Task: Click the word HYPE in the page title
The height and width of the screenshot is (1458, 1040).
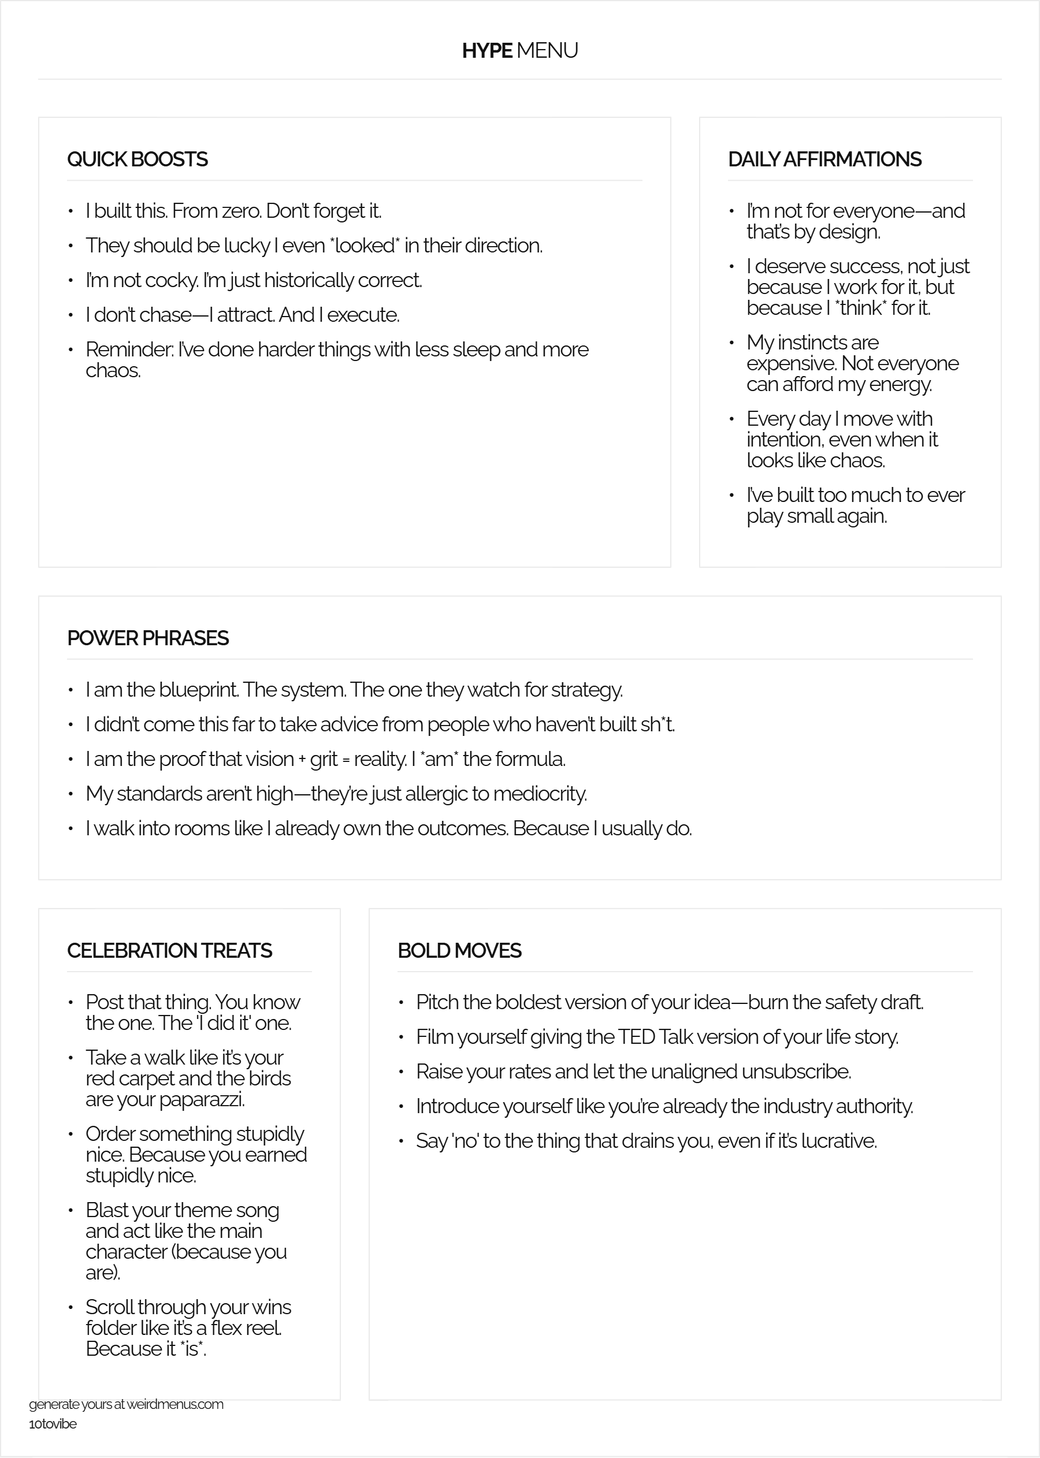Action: pos(487,51)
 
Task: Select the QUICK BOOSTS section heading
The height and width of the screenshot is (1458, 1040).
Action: pos(137,159)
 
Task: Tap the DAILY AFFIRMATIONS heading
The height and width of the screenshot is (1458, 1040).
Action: pos(824,159)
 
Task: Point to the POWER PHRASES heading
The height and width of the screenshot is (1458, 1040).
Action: pos(147,638)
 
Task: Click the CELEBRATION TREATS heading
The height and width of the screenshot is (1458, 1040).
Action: pos(169,951)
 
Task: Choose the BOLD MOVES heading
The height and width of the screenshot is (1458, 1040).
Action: pos(459,951)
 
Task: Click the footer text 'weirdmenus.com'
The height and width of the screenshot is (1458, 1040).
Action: pos(175,1422)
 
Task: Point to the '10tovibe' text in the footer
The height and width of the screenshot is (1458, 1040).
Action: pos(53,1441)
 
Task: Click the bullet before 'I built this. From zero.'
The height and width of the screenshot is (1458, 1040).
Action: pos(71,211)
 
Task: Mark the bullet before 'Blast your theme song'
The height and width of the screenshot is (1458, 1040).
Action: pos(71,1211)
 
